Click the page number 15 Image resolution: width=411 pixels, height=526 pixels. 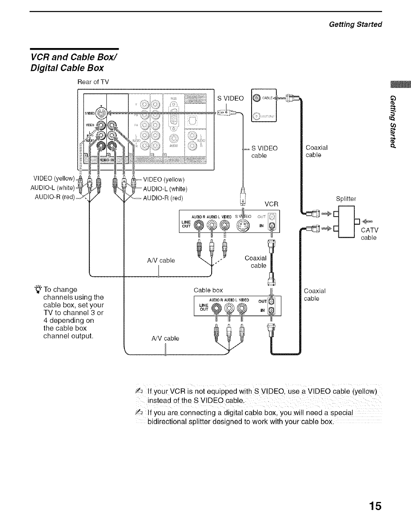(x=375, y=506)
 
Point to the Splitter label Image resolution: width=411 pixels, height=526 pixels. (x=346, y=199)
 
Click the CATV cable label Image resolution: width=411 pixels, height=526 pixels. (x=369, y=234)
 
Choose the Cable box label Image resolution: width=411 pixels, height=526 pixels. (x=208, y=290)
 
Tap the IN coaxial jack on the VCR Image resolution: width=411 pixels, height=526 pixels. (x=273, y=226)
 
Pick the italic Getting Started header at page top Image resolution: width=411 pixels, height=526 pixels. (x=356, y=24)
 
